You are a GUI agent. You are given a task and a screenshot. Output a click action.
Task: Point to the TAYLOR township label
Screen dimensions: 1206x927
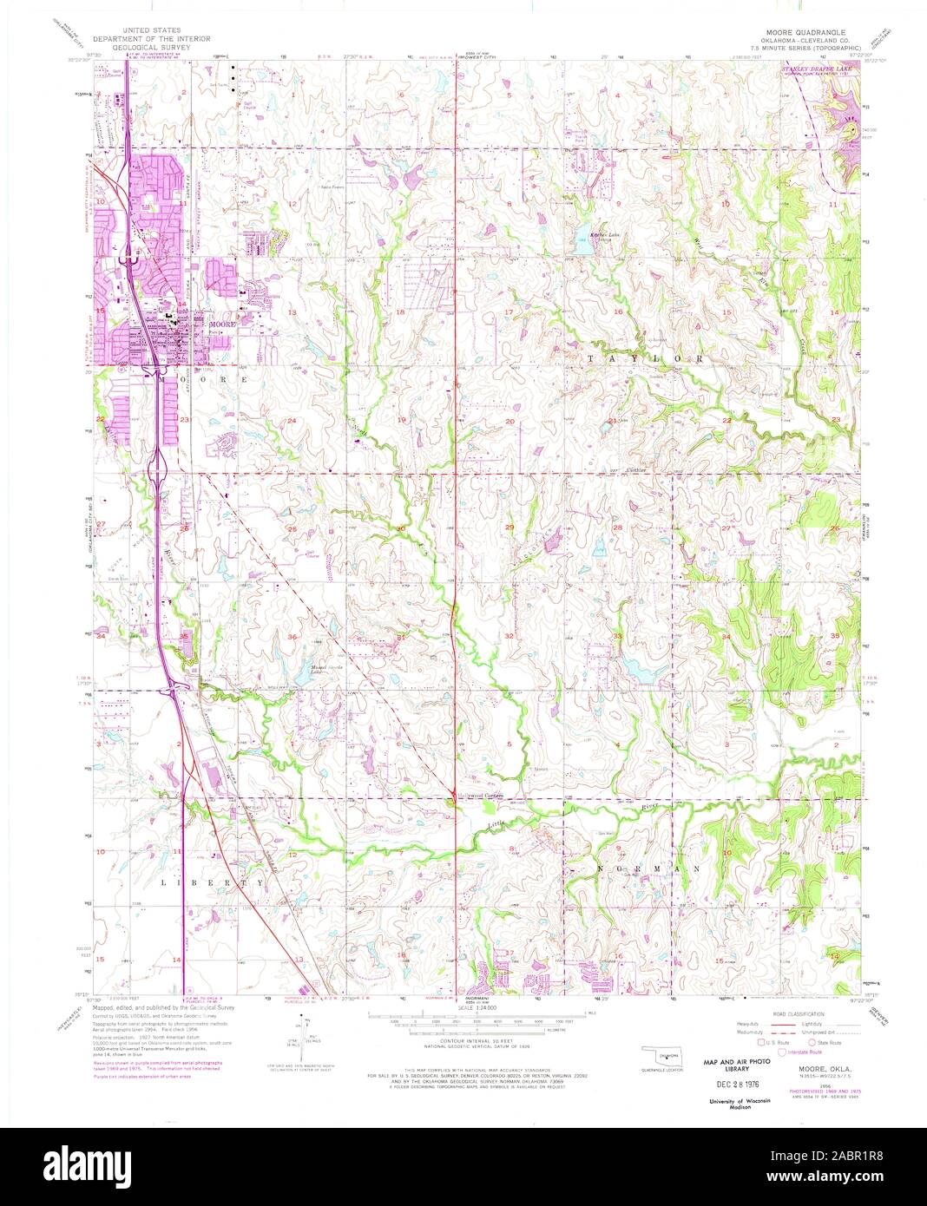[643, 357]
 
